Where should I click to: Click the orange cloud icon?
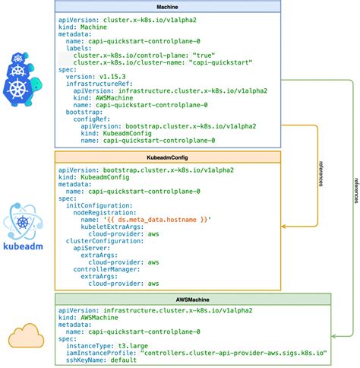pos(27,335)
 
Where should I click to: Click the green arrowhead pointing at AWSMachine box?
pos(335,335)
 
